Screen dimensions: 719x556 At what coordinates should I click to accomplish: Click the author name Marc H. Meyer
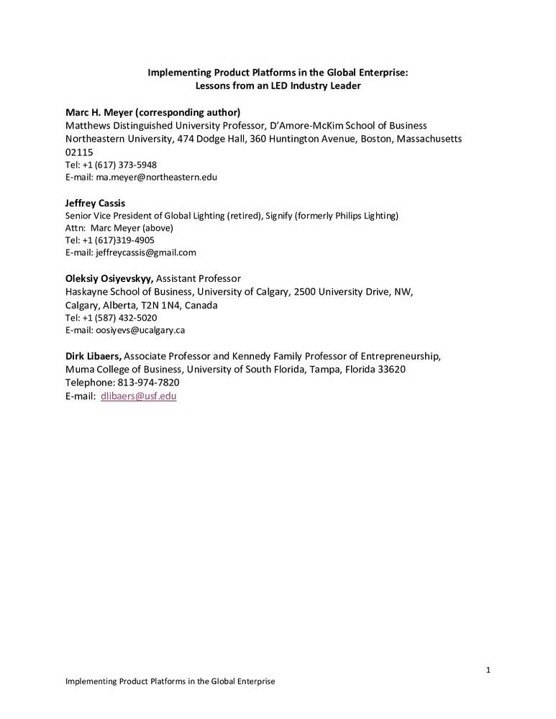point(103,113)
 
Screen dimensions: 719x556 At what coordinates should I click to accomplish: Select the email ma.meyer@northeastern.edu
point(156,177)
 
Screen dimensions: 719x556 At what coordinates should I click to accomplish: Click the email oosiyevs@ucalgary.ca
point(140,330)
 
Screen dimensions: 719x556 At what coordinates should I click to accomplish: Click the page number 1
point(488,671)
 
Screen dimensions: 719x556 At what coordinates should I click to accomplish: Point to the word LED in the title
point(270,86)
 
